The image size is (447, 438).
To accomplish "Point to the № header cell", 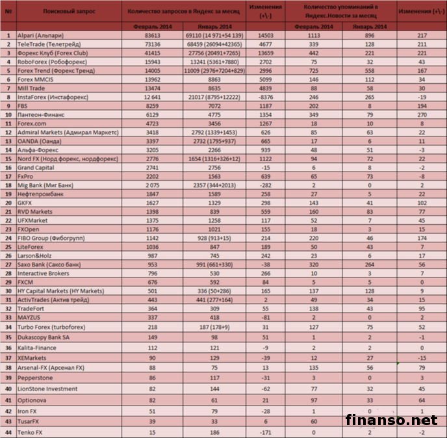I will pyautogui.click(x=8, y=12).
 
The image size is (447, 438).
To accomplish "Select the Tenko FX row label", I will pyautogui.click(x=31, y=432).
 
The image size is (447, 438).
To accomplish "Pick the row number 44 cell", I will pyautogui.click(x=8, y=432).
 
